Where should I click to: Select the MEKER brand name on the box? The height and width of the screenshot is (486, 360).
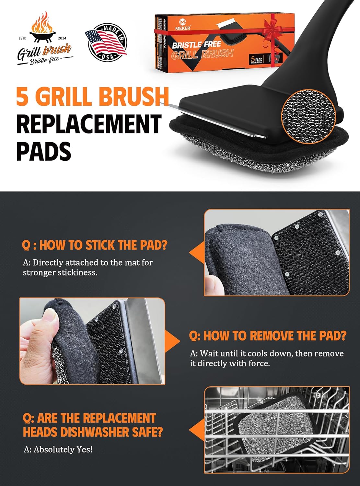tap(183, 28)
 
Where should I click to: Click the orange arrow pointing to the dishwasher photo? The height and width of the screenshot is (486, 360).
tap(196, 430)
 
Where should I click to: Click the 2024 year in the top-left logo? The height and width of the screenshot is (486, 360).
tap(62, 38)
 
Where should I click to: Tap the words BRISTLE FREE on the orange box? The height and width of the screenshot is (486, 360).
tap(196, 45)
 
